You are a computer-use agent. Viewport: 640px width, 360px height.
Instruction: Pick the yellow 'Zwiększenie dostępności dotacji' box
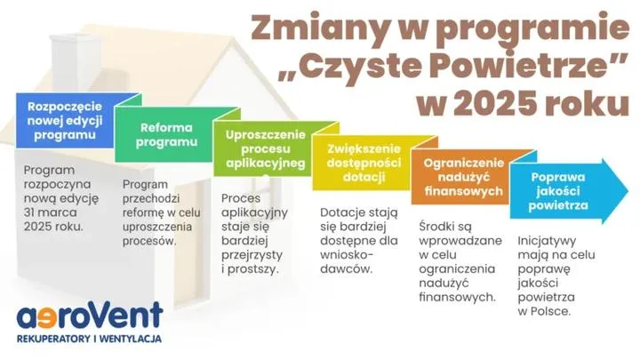pos(363,164)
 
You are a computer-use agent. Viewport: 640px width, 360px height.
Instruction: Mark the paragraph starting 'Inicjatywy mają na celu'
pos(556,276)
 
